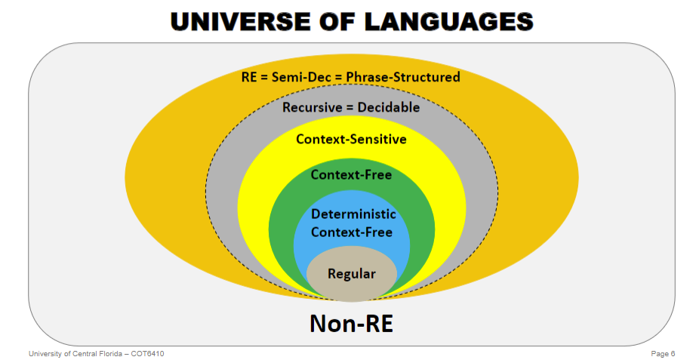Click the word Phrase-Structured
[x=403, y=77]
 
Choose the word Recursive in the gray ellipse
[x=312, y=107]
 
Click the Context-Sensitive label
[x=351, y=139]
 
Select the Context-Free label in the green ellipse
[x=351, y=175]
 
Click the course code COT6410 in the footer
[x=148, y=353]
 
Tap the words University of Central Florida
[x=75, y=353]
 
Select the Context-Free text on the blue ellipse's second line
[x=352, y=232]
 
